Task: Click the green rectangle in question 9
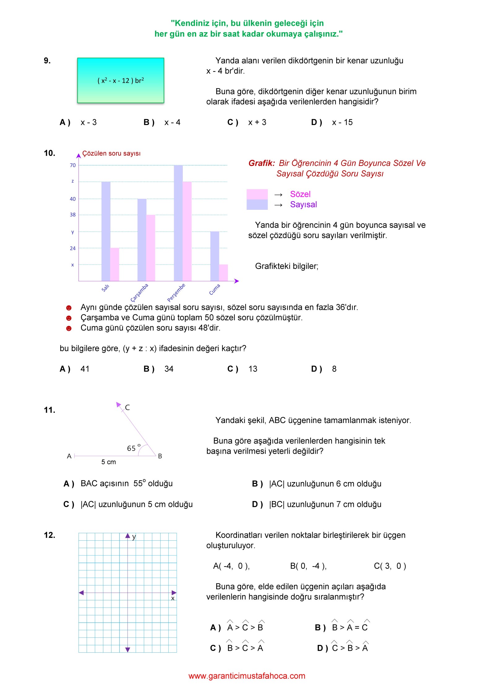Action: point(121,80)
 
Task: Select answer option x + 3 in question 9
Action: point(257,123)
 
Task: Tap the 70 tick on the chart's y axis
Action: point(73,165)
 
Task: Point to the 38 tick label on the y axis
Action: point(73,215)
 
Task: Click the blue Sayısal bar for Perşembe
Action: point(178,223)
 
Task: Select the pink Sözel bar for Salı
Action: point(115,265)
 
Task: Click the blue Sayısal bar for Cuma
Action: point(215,256)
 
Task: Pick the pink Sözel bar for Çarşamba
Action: point(151,248)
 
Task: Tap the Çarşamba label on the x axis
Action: point(140,292)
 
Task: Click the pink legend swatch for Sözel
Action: point(257,194)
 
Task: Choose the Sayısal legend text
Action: point(303,205)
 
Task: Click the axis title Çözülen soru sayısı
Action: point(111,153)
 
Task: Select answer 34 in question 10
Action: point(169,369)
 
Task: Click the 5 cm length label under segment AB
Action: point(109,462)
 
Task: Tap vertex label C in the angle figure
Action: point(127,408)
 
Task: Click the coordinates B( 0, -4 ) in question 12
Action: point(308,566)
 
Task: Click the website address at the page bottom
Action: point(247,676)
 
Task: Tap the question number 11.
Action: point(49,410)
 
